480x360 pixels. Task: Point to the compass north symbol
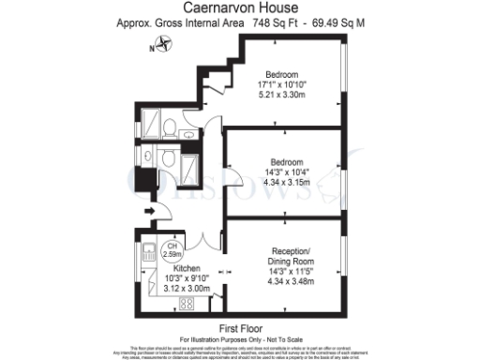165,41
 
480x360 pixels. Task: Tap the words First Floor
239,328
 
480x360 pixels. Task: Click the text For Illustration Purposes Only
239,337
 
